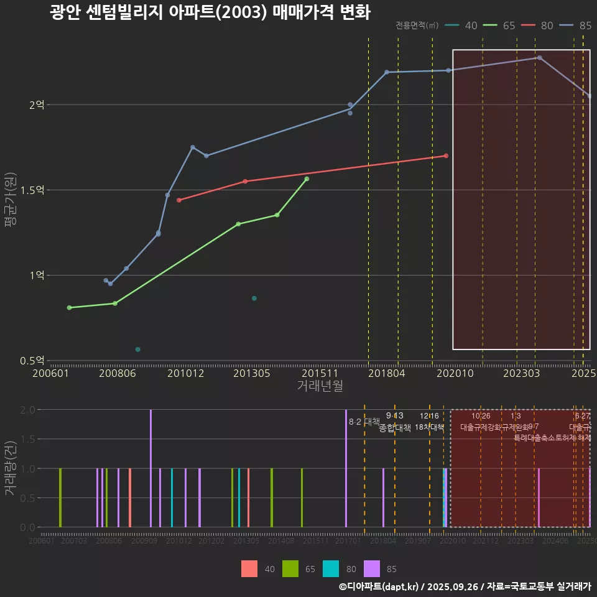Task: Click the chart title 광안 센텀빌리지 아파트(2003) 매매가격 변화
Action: point(210,13)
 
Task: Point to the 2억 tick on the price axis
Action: point(37,105)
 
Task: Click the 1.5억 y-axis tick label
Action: point(33,190)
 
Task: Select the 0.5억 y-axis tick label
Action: point(33,361)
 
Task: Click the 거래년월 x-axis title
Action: point(320,386)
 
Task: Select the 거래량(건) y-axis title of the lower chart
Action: point(10,468)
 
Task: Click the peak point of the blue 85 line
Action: point(539,58)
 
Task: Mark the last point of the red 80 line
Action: point(446,155)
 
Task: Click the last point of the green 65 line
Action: point(307,179)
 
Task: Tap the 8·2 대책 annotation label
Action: point(364,422)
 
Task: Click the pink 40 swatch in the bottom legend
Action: point(249,568)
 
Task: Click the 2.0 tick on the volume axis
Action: point(27,410)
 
